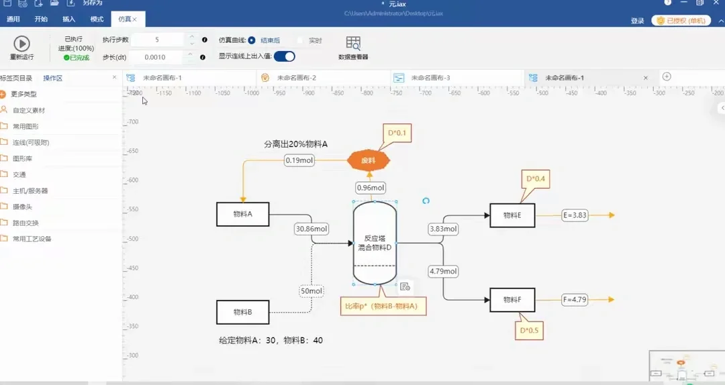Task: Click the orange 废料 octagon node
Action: pos(369,161)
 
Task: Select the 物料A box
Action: pos(242,215)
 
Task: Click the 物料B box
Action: pos(242,312)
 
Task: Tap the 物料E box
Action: pos(512,215)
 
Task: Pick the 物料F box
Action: pos(512,300)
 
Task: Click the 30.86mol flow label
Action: pos(311,229)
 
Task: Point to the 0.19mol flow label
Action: pos(299,160)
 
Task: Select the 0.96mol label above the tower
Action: pos(371,188)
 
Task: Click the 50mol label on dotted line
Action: pos(311,291)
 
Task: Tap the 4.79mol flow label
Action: pos(443,272)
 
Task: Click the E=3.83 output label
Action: pos(575,215)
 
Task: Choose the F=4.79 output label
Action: pos(575,300)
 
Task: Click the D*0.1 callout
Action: pos(397,133)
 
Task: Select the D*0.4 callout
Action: pos(535,179)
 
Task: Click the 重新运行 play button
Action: pos(21,44)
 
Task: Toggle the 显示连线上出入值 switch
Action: pos(284,56)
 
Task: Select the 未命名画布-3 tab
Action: pos(430,78)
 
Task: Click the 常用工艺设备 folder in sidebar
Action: pos(32,239)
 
